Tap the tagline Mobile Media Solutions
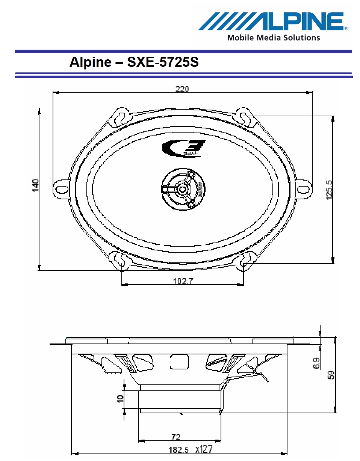point(273,38)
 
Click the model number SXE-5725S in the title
point(163,62)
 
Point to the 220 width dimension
point(183,89)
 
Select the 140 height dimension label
point(36,185)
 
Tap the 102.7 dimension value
point(183,281)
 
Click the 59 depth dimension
point(331,375)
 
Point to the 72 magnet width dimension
point(175,437)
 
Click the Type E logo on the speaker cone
point(184,148)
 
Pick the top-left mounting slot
point(121,116)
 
